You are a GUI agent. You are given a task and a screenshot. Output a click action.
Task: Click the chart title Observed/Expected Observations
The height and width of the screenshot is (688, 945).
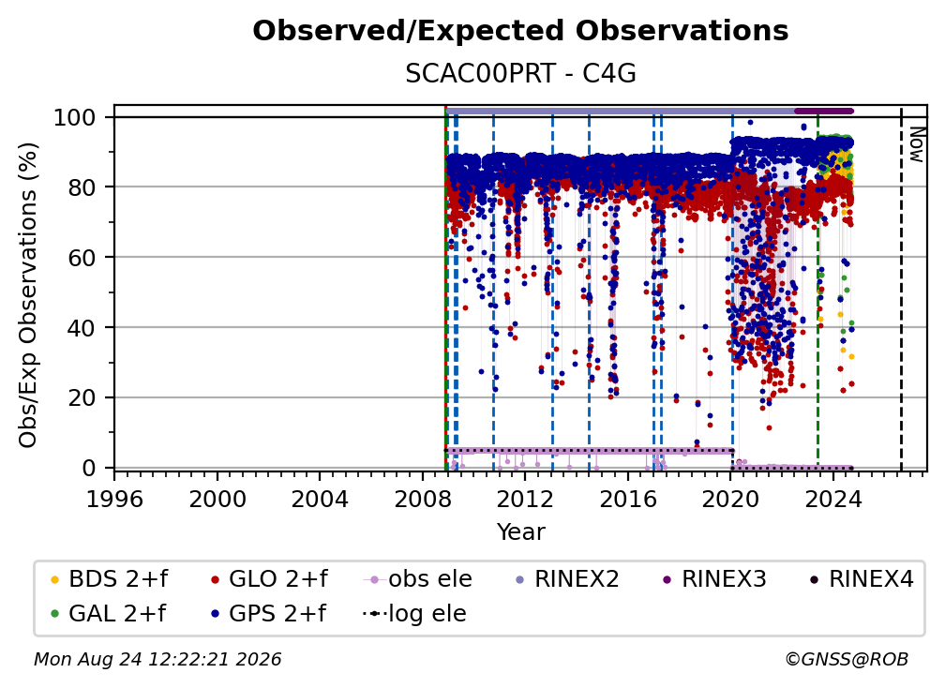pyautogui.click(x=520, y=31)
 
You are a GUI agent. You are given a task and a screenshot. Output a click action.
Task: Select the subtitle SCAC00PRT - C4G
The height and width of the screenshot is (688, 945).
pyautogui.click(x=520, y=74)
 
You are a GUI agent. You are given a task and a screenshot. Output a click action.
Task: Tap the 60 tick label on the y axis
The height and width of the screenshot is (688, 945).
pyautogui.click(x=82, y=258)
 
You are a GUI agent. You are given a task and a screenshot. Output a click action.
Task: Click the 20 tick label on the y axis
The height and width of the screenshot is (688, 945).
pyautogui.click(x=82, y=398)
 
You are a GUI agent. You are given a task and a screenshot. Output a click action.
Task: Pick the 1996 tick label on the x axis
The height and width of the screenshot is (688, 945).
pyautogui.click(x=114, y=500)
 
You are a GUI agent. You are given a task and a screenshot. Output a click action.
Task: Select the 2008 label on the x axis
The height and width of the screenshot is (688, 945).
pyautogui.click(x=423, y=500)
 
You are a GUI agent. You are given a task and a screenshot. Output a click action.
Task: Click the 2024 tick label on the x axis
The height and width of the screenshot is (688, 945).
pyautogui.click(x=832, y=500)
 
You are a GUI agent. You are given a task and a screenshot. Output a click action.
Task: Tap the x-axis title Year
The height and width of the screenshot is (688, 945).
pyautogui.click(x=520, y=532)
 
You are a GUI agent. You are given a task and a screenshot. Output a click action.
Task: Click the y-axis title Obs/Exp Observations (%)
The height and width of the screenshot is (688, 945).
pyautogui.click(x=28, y=295)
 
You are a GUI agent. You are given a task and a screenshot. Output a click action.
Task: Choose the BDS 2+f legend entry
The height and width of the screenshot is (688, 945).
pyautogui.click(x=110, y=579)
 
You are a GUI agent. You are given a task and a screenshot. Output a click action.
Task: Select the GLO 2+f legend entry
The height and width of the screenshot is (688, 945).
pyautogui.click(x=269, y=579)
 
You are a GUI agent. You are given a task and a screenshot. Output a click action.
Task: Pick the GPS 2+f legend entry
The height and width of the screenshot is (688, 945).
pyautogui.click(x=269, y=614)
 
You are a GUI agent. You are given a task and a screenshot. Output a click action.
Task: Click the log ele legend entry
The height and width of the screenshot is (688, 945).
pyautogui.click(x=414, y=614)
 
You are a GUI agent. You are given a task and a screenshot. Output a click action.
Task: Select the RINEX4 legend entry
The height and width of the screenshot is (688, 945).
pyautogui.click(x=862, y=579)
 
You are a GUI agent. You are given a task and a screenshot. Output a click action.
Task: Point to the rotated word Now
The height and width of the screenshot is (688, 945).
pyautogui.click(x=916, y=144)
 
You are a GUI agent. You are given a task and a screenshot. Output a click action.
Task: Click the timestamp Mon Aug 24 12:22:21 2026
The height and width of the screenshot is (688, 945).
pyautogui.click(x=157, y=660)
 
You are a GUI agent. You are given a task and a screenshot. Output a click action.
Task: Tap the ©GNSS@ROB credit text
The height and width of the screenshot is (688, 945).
pyautogui.click(x=847, y=660)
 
